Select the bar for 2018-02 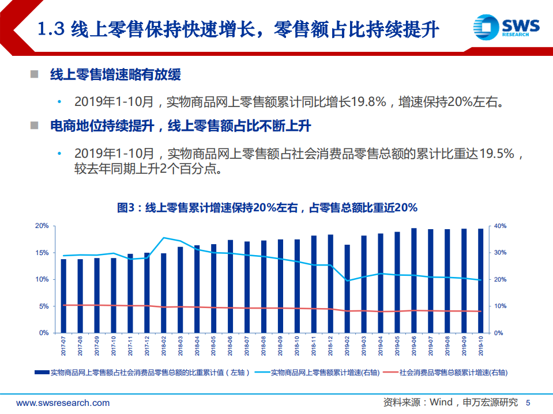(163, 293)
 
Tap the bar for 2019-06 (414, 280)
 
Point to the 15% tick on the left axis (42, 253)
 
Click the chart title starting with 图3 (267, 207)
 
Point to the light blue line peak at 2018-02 (164, 238)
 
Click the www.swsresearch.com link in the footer (63, 402)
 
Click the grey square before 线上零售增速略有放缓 (35, 75)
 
